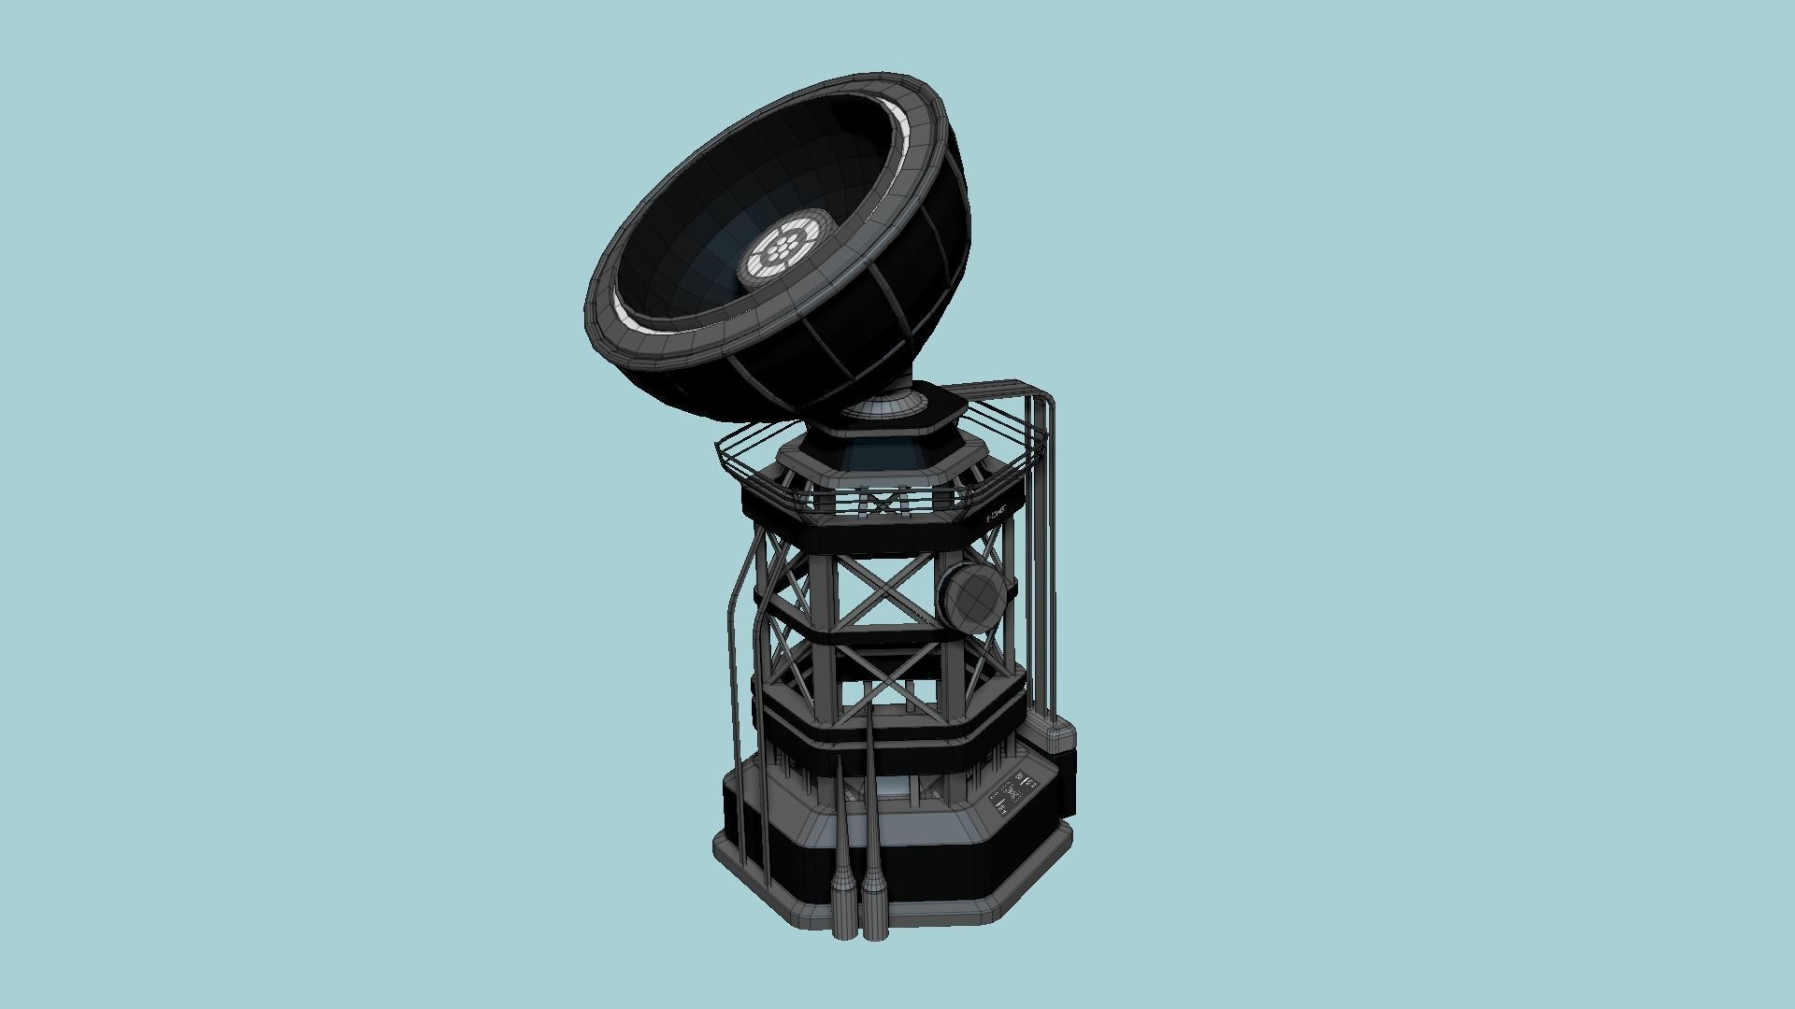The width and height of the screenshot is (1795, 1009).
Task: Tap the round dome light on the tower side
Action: click(x=973, y=597)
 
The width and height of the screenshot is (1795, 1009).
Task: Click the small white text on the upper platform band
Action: click(x=998, y=515)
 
